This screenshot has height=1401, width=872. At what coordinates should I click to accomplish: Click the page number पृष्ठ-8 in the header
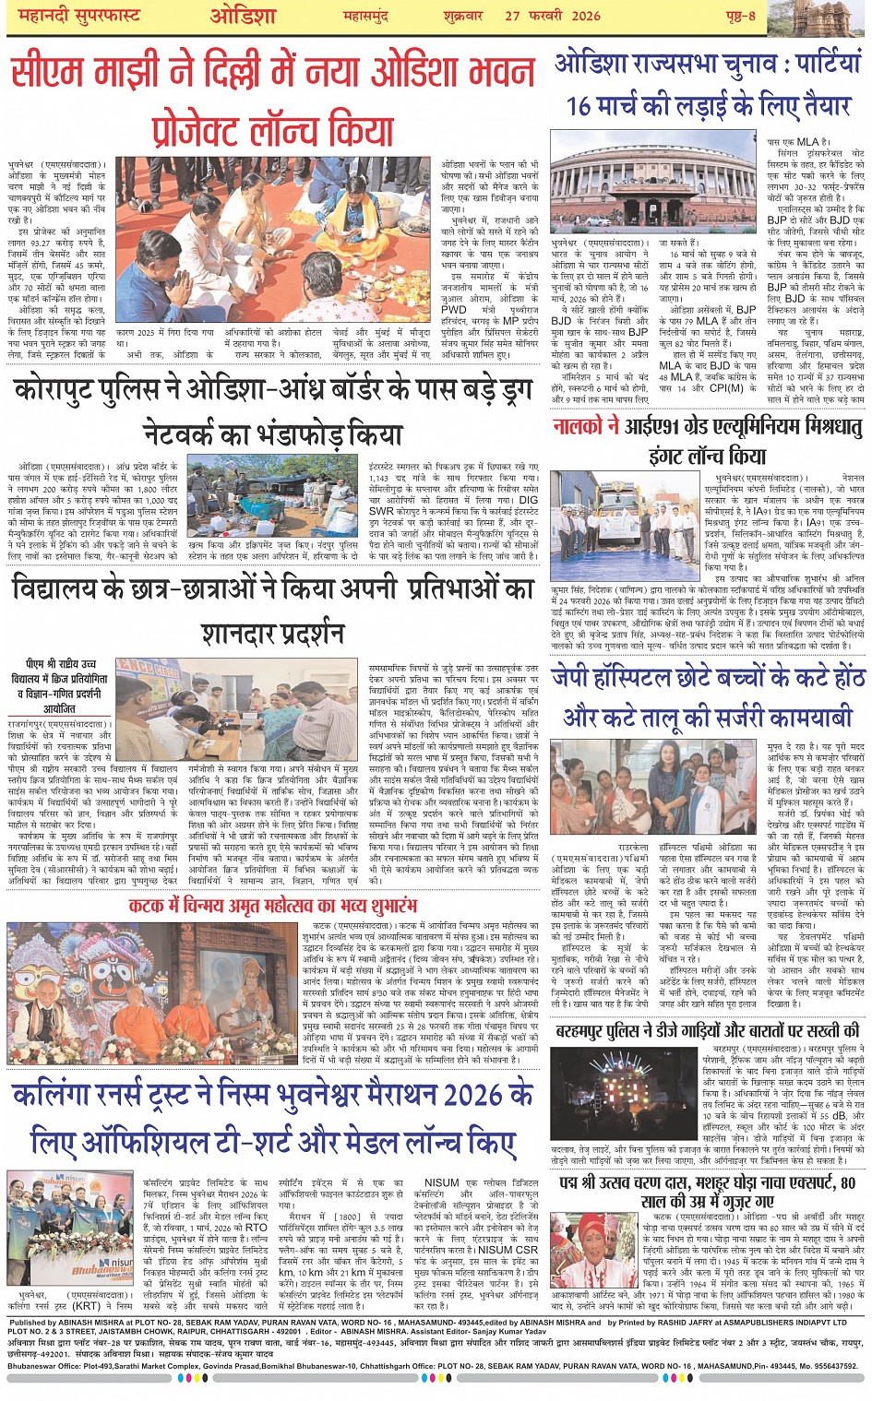[x=738, y=16]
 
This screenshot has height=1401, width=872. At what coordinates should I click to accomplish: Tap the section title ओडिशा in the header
[x=243, y=16]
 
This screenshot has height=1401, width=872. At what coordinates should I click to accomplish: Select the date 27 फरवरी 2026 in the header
[x=552, y=16]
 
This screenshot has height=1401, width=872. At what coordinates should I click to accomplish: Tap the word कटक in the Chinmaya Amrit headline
[x=149, y=906]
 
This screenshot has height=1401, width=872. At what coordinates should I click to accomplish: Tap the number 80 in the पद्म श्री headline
[x=847, y=1182]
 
